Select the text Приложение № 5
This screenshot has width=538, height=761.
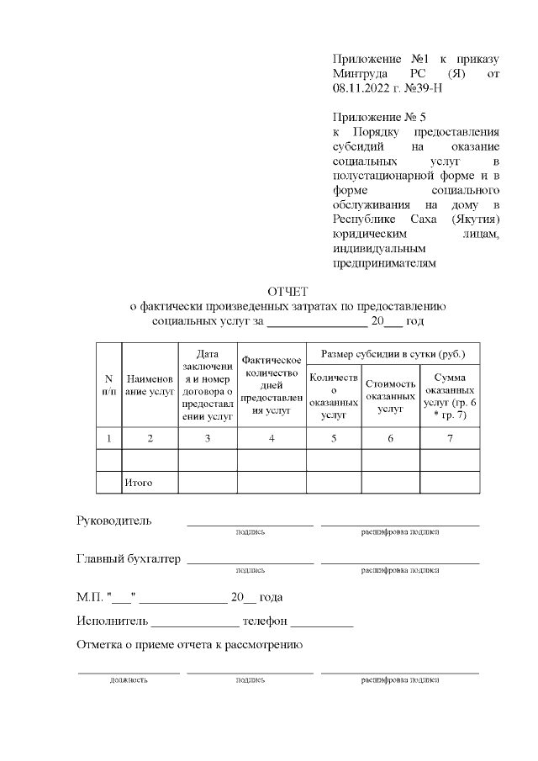point(380,117)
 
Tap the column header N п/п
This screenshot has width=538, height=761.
point(108,383)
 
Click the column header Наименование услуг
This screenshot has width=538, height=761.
point(150,384)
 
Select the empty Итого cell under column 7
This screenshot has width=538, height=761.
point(450,482)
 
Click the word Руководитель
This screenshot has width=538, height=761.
point(114,521)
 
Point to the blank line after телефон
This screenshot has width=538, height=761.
point(322,626)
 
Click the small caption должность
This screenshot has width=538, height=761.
point(129,679)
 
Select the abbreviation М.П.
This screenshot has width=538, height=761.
point(88,598)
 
